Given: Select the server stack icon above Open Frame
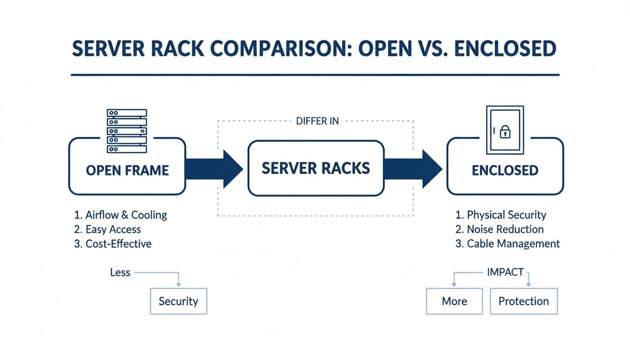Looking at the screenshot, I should (127, 131).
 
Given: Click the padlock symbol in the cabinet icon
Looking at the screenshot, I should (505, 132).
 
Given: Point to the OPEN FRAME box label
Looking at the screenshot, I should (127, 170).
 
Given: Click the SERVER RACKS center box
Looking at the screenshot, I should (315, 168).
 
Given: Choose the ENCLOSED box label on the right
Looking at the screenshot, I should (505, 170).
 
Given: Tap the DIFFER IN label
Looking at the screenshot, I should (317, 121).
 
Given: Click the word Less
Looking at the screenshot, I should (120, 272).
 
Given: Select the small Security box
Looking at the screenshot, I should (178, 301).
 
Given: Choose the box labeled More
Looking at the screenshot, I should (454, 301).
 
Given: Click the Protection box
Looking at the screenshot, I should (524, 301).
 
